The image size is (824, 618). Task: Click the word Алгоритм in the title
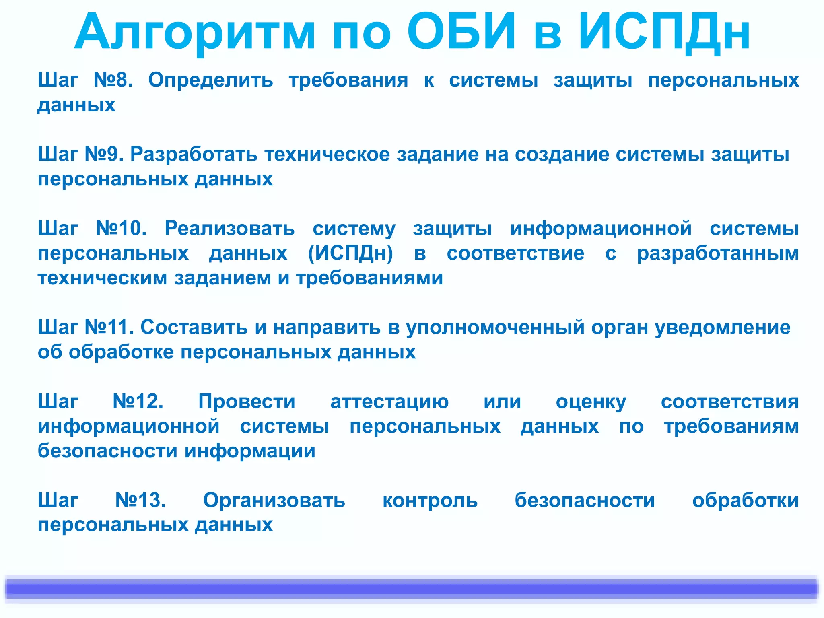coord(195,33)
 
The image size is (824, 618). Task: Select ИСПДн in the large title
coord(664,33)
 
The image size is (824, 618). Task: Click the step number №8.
coord(113,80)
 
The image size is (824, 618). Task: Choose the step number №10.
coord(121,229)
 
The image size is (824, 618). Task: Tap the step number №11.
coord(109,327)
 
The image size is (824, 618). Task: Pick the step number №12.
coord(138,402)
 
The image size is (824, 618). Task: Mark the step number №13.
coord(140,500)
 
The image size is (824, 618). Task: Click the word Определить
coord(211,80)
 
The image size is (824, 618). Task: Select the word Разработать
coord(194,154)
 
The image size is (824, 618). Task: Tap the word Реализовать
coord(230,229)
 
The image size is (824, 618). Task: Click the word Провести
coord(247,402)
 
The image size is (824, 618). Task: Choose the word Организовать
coord(274,500)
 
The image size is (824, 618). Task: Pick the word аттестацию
coord(389,402)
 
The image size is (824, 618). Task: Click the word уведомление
coord(723,327)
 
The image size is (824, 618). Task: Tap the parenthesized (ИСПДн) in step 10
coord(350,253)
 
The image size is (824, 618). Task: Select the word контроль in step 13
coord(430,500)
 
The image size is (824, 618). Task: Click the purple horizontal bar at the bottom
coord(412,589)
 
